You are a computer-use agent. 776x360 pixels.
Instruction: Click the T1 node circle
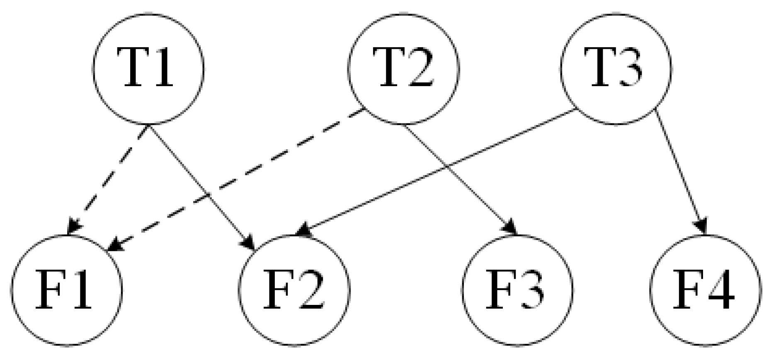click(x=148, y=68)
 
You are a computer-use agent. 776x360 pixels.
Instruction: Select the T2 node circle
click(x=403, y=68)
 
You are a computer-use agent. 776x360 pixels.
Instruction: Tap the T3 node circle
click(x=616, y=68)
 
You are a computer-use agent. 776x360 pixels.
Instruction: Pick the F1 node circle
click(x=66, y=290)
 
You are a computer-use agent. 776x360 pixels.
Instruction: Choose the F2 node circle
click(x=294, y=290)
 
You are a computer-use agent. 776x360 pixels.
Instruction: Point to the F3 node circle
click(x=517, y=290)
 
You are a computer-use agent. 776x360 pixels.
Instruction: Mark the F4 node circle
click(x=705, y=290)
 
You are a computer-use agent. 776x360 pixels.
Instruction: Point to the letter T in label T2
click(x=390, y=68)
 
